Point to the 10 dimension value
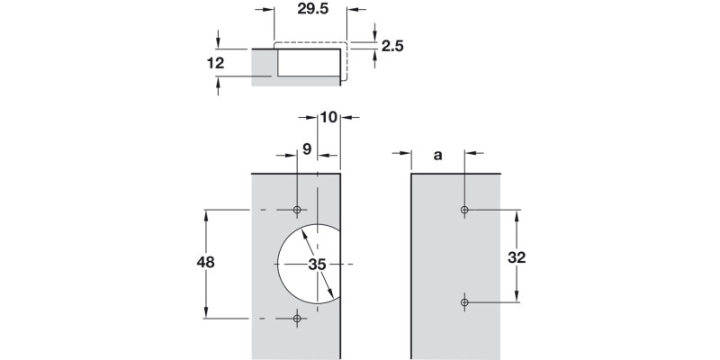point(328,118)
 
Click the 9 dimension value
point(307,150)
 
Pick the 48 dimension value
point(205,263)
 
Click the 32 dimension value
point(517,257)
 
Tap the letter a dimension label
point(438,156)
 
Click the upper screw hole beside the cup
point(297,210)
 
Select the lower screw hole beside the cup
point(297,318)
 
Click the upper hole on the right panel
point(464,210)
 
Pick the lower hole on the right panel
point(464,304)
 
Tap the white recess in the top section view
point(308,63)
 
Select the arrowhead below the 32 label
point(517,299)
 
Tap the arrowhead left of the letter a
point(404,156)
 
